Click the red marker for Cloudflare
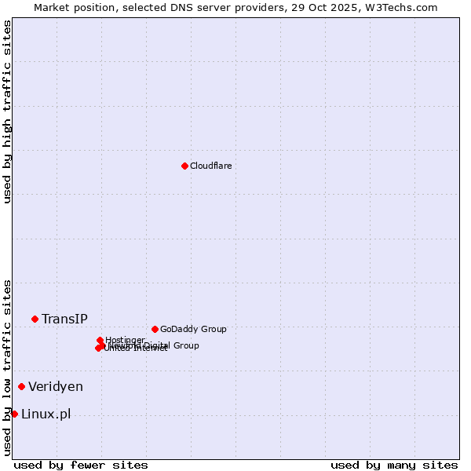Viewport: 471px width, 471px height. point(184,166)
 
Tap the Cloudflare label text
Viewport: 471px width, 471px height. point(210,166)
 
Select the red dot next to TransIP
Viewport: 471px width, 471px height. point(35,319)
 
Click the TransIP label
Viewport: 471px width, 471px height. point(64,319)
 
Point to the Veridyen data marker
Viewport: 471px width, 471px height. point(21,386)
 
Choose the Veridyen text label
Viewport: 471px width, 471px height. point(56,386)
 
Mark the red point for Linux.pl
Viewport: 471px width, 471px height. point(14,414)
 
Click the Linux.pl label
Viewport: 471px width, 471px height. point(46,414)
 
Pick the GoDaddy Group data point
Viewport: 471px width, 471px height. point(155,329)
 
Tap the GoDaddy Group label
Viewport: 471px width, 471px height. point(193,330)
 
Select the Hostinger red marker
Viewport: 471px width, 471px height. point(100,340)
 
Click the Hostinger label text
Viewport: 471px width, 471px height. point(125,340)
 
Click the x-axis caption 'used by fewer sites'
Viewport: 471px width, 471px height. point(81,465)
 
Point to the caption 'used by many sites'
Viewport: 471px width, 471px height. point(394,465)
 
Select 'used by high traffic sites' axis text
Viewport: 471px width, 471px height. point(7,111)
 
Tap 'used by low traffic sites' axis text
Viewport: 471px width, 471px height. point(7,367)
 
